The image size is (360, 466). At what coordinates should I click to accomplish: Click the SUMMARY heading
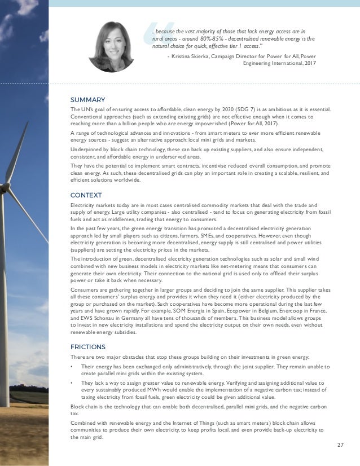pos(84,100)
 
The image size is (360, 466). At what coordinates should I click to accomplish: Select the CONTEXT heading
pos(83,195)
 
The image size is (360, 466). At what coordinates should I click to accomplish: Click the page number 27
pos(340,445)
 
